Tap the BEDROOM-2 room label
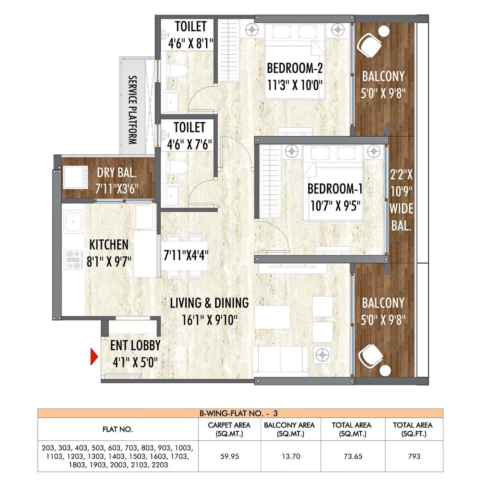pos(295,68)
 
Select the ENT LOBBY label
pos(135,345)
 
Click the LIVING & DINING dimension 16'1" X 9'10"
pos(209,320)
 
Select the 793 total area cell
pos(414,456)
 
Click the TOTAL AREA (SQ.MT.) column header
pos(351,429)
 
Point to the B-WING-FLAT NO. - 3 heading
pos(240,413)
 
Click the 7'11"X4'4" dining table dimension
pos(186,255)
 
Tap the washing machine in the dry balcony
pos(75,177)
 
